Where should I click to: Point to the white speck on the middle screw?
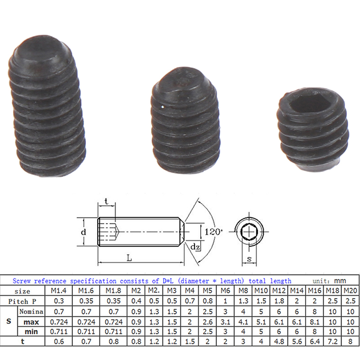pyautogui.click(x=162, y=106)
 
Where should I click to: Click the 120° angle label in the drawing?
pyautogui.click(x=213, y=231)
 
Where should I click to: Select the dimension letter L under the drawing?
pyautogui.click(x=130, y=258)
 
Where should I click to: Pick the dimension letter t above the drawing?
pyautogui.click(x=106, y=201)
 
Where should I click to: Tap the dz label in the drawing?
pyautogui.click(x=195, y=247)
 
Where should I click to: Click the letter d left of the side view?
pyautogui.click(x=84, y=232)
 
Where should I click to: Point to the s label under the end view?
pyautogui.click(x=249, y=259)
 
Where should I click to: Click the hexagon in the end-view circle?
pyautogui.click(x=249, y=231)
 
